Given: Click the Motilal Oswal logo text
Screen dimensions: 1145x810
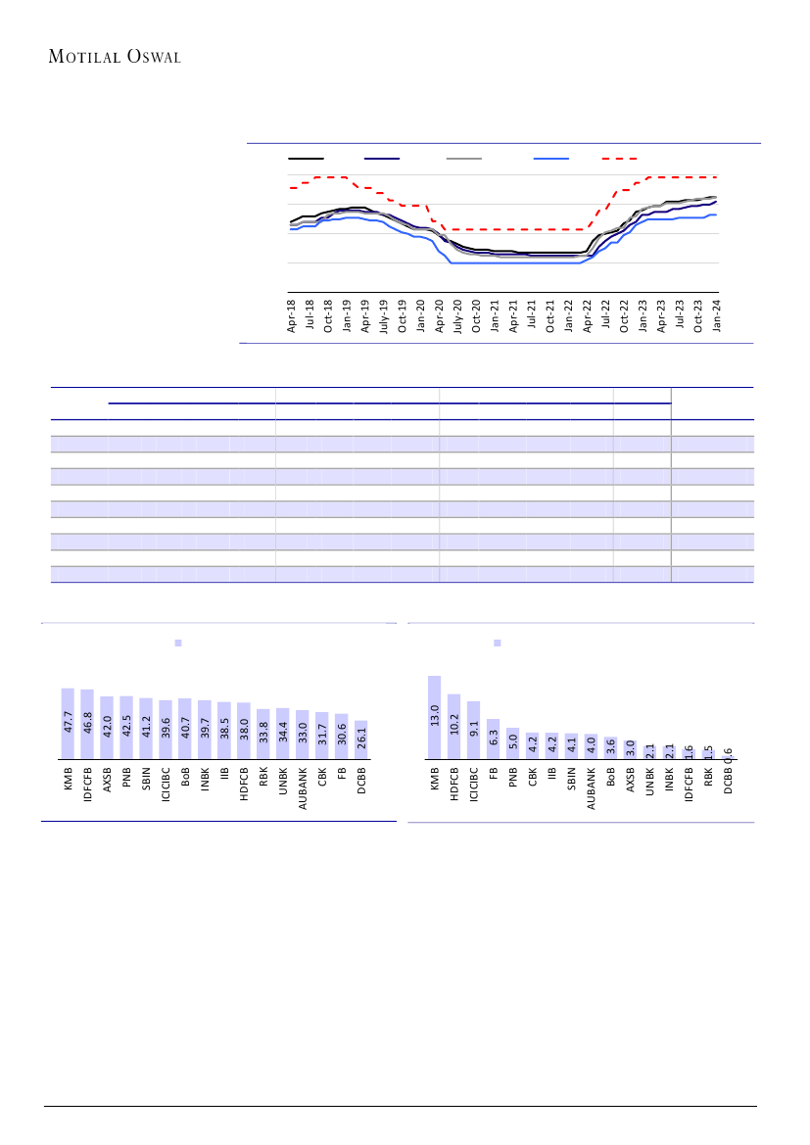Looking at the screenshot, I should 115,56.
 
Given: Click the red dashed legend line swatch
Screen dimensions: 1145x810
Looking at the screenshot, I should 619,158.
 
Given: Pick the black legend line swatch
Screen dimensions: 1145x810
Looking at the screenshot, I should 306,158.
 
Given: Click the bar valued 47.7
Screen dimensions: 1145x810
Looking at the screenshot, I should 68,723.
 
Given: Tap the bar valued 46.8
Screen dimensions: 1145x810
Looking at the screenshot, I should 87,724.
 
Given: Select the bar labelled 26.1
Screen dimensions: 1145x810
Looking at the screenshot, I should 361,739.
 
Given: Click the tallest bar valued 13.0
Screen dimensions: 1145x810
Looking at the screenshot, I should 434,717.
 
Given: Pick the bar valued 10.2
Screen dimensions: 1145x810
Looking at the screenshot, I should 453,726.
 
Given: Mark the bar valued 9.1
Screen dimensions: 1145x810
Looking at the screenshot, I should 473,730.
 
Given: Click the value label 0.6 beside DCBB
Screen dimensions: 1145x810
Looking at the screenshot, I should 729,753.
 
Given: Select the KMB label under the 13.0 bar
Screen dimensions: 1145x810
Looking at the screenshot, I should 434,779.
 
